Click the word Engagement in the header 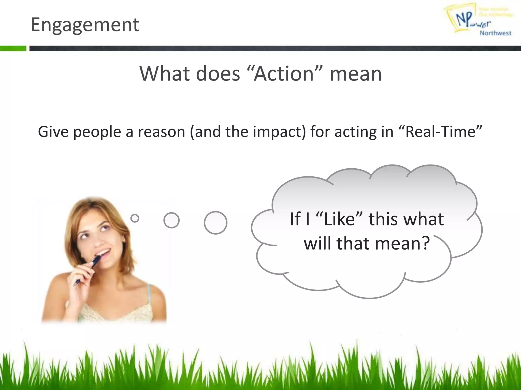pos(85,25)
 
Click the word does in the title pos(218,74)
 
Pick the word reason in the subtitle pos(161,132)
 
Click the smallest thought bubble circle pos(135,218)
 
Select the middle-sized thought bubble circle pos(171,220)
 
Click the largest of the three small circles pos(215,223)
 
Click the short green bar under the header pos(13,48)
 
